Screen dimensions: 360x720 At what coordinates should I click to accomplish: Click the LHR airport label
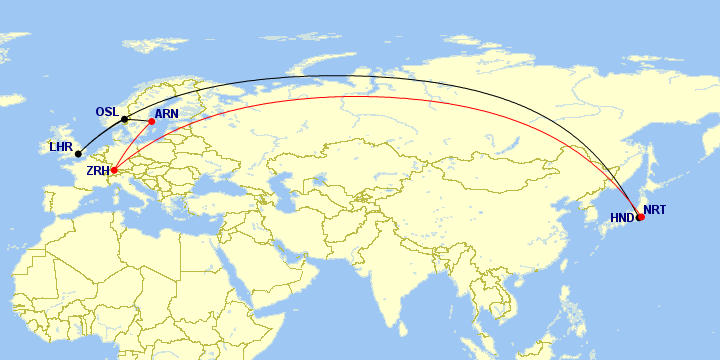[x=60, y=147]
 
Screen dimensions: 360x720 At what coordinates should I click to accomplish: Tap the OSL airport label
[x=107, y=111]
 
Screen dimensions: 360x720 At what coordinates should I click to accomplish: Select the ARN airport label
[x=167, y=114]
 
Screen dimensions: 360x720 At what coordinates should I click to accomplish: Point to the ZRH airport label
[x=98, y=171]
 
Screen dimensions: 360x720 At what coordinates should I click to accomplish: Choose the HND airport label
[x=622, y=217]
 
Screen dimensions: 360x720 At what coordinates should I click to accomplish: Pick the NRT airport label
[x=654, y=210]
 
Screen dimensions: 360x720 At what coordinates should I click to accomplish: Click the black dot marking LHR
[x=78, y=154]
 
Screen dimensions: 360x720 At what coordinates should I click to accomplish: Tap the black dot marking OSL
[x=124, y=120]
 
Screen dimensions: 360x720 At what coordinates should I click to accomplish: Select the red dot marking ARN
[x=152, y=122]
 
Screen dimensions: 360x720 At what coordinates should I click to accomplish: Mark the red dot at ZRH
[x=114, y=170]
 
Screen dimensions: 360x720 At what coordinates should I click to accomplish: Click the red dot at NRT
[x=641, y=216]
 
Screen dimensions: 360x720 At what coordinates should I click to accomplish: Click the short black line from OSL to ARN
[x=138, y=121]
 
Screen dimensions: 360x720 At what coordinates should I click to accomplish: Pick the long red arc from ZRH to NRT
[x=380, y=96]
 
